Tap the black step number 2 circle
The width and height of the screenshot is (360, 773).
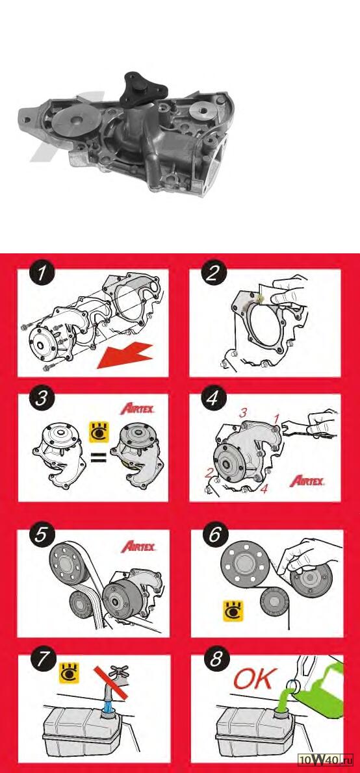(x=212, y=273)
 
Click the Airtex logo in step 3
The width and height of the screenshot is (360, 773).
(x=138, y=409)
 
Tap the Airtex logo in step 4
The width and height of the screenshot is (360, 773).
(x=307, y=480)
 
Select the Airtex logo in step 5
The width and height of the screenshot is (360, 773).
(x=138, y=546)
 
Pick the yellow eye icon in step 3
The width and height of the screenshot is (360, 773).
(x=98, y=431)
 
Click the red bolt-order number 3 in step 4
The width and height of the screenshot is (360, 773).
(x=242, y=414)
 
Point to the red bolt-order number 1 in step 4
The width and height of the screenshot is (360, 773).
(x=277, y=418)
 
